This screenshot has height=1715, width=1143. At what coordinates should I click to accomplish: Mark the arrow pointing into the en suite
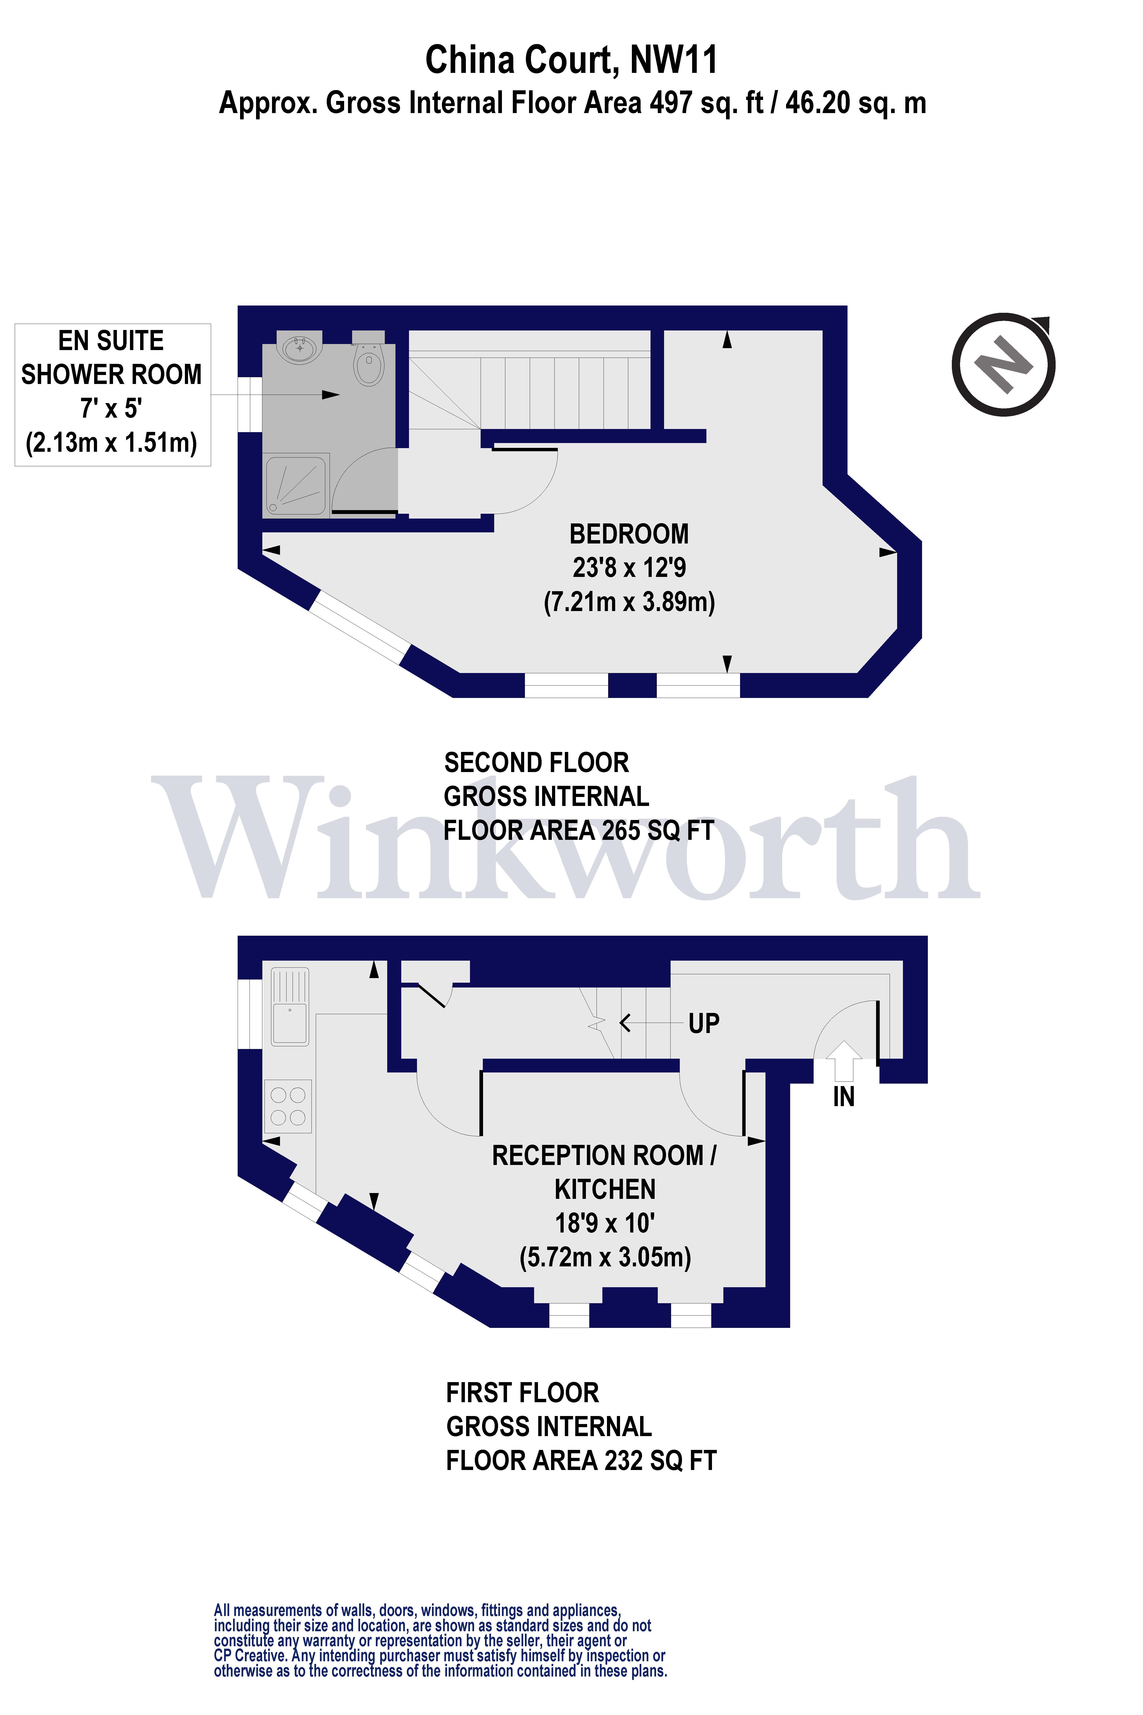click(276, 395)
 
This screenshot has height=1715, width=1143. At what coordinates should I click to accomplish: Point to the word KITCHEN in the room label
click(605, 1189)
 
